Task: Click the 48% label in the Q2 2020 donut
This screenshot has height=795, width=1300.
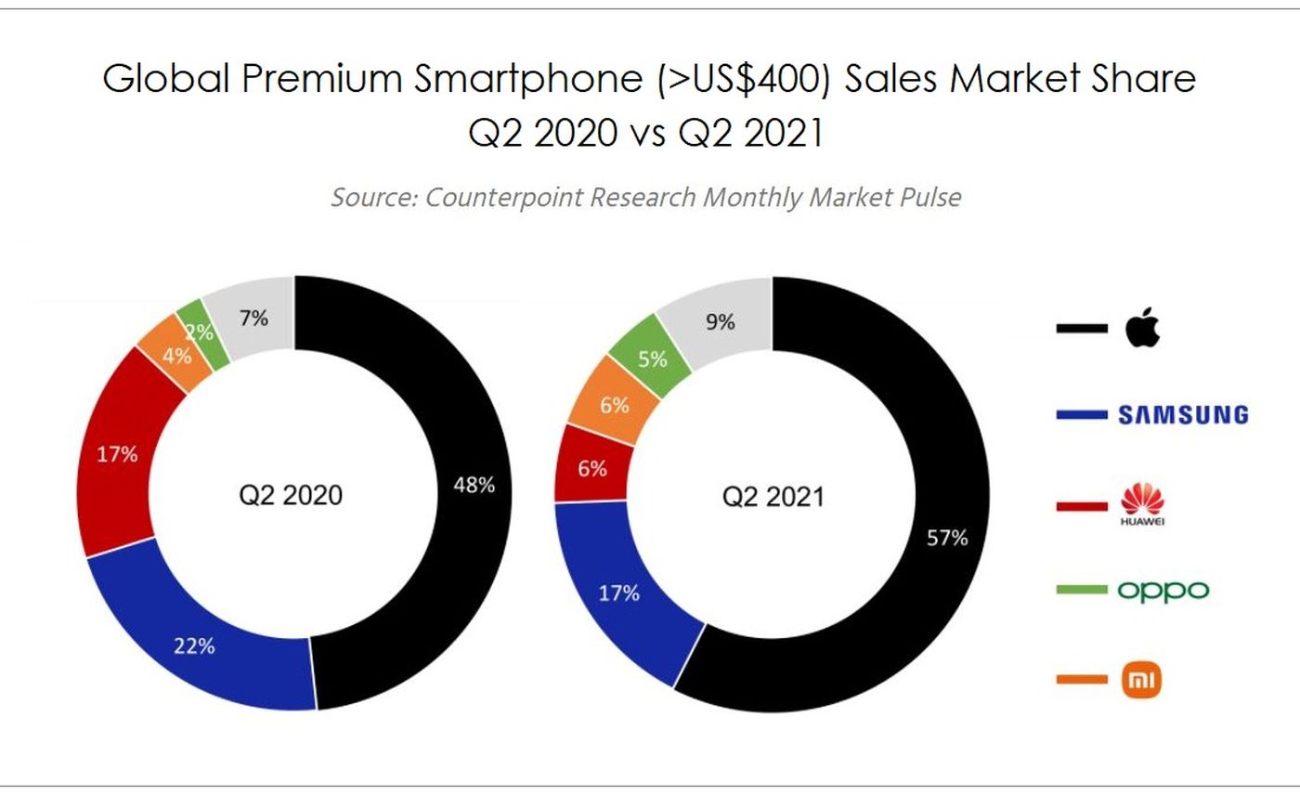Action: tap(474, 484)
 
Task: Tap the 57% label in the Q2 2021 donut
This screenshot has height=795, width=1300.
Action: tap(948, 538)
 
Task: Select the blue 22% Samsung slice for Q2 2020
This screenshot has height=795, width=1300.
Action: tap(195, 645)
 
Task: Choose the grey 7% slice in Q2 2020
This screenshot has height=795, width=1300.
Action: tap(253, 319)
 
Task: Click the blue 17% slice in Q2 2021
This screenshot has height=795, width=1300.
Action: tap(618, 592)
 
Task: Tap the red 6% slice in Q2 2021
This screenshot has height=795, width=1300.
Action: tap(591, 468)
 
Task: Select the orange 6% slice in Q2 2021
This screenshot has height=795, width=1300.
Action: tap(614, 405)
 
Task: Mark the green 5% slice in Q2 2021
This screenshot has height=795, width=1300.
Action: tap(653, 358)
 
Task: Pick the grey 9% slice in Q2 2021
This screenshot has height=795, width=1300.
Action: tap(720, 321)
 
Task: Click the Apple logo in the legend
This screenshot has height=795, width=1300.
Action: tap(1142, 328)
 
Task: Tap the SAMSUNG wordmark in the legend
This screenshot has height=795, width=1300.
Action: tap(1183, 415)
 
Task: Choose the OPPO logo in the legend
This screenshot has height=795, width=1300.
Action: tap(1163, 590)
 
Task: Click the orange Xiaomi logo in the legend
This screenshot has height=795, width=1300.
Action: tap(1142, 680)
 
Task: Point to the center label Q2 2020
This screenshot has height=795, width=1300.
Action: tap(291, 495)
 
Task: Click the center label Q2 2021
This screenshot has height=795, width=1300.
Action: tap(773, 497)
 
